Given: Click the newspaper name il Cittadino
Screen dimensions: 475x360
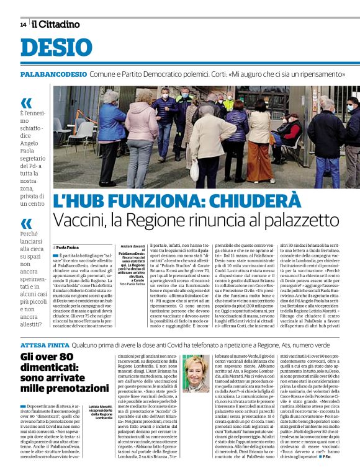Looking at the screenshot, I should click(56, 24).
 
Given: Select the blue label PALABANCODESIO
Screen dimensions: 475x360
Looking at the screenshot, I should click(53, 74).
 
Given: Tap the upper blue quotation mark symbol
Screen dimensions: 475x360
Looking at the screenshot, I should click(25, 103).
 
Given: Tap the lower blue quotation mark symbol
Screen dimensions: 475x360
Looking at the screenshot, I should click(25, 223).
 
